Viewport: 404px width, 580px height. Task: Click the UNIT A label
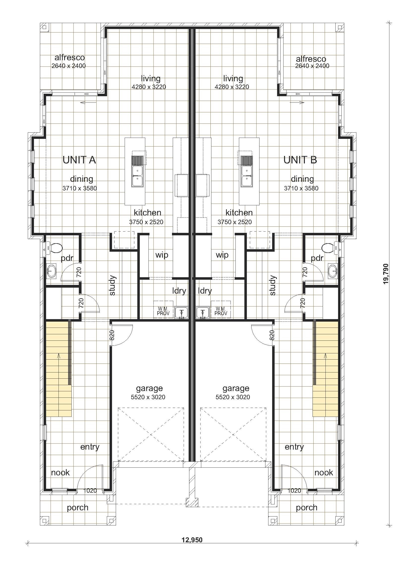coord(79,160)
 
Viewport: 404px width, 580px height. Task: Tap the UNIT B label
coord(300,160)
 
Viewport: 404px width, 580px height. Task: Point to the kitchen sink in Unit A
coord(137,171)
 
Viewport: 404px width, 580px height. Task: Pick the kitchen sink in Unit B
coord(247,171)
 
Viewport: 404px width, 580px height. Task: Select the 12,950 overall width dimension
coord(192,540)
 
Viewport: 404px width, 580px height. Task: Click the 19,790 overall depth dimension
coord(386,274)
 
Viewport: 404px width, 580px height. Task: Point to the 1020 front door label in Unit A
coord(90,490)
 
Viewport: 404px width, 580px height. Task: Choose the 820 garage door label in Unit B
coord(272,335)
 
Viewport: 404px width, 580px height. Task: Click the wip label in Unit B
coord(222,255)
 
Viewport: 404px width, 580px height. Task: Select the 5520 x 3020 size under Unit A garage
coord(148,397)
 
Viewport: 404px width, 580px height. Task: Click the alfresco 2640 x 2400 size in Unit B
coord(312,66)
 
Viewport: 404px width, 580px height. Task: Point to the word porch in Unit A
coord(78,508)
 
